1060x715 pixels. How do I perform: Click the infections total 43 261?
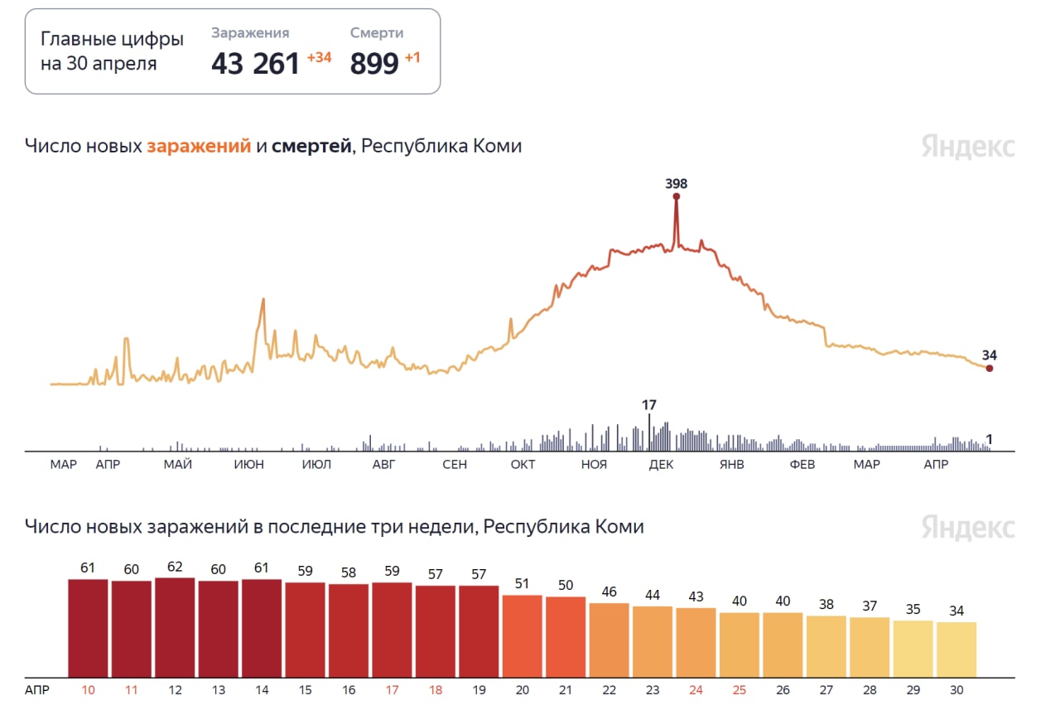pos(255,64)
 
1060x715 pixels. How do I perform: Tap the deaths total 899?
pos(374,64)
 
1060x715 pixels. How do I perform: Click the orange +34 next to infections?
pos(319,58)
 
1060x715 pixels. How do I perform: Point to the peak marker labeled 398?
pos(677,196)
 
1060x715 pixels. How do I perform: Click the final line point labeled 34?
pos(989,368)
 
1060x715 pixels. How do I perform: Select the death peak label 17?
pos(649,405)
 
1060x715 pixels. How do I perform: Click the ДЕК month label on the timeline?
pos(660,465)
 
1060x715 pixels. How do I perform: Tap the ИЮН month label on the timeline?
pos(248,465)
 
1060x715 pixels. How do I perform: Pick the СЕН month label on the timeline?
pos(455,465)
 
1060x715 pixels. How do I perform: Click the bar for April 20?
pos(522,635)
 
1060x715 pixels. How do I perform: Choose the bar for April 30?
pos(956,649)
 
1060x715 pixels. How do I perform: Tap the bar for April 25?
pos(740,645)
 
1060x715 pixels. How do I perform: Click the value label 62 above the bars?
pos(175,568)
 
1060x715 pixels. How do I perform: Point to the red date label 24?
pos(696,689)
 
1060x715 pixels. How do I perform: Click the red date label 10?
pos(88,689)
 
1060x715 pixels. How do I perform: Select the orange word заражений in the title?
pos(199,147)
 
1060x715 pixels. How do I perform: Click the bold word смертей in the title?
pos(311,147)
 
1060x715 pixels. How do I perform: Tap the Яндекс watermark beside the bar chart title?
pos(967,528)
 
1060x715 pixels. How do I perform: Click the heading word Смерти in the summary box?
pos(377,33)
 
